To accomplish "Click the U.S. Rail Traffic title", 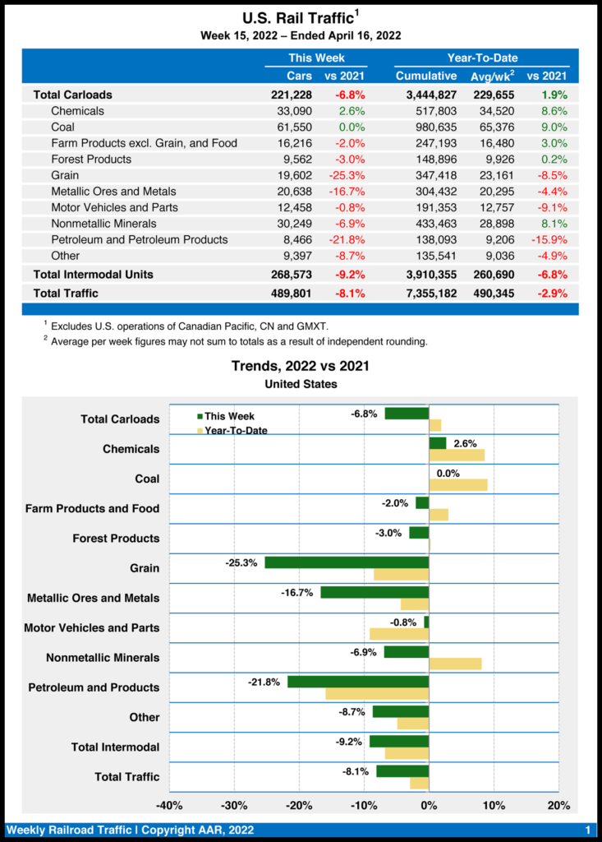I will tap(299, 18).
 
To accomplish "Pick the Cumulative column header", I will tap(425, 76).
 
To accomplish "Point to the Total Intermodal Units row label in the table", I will tap(93, 274).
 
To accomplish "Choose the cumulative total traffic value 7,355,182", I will tap(426, 293).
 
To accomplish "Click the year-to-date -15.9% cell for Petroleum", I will tap(549, 239).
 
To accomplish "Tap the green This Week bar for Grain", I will tap(347, 562).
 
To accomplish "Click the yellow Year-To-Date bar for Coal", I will tap(458, 484).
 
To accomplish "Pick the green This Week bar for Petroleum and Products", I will tap(358, 682).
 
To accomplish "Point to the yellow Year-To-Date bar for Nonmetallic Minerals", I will tap(455, 664).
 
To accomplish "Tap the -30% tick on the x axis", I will tap(234, 804).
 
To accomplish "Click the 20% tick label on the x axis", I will tap(558, 804).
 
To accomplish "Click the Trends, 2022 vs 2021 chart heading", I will tap(300, 366).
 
